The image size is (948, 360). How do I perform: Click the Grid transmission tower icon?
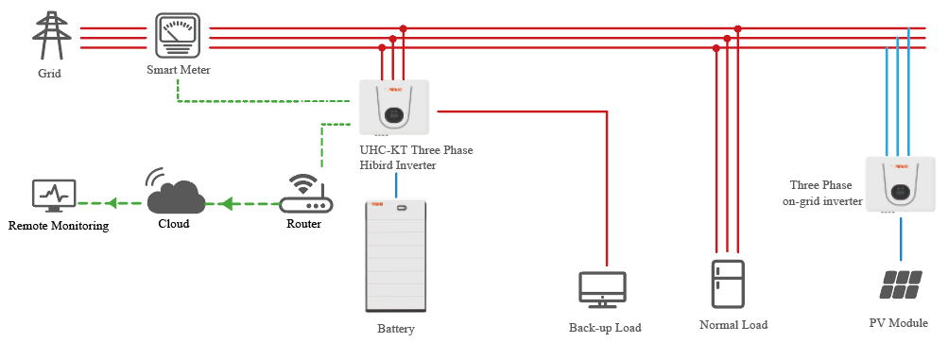tap(48, 36)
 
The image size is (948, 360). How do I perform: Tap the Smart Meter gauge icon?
tap(178, 36)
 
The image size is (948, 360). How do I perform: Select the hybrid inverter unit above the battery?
tap(394, 107)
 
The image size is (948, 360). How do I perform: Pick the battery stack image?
tap(397, 256)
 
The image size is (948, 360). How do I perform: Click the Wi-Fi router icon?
tap(306, 194)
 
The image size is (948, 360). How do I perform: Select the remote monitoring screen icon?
tap(54, 196)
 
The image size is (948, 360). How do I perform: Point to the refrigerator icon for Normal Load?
tap(728, 283)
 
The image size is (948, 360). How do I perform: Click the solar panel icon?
tap(901, 284)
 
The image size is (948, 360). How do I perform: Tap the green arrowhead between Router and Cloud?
tap(227, 203)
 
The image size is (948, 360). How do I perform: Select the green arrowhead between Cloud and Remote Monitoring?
tap(112, 203)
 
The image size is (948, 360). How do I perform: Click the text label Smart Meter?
tap(179, 70)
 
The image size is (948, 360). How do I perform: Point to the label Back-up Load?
tap(605, 327)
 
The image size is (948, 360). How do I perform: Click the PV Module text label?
tap(899, 323)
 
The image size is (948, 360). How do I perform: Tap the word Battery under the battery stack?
tap(396, 329)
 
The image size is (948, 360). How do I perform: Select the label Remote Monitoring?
tap(59, 226)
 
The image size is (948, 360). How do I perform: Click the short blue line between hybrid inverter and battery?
tap(397, 185)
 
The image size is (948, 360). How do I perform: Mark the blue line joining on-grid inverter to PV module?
tap(901, 240)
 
